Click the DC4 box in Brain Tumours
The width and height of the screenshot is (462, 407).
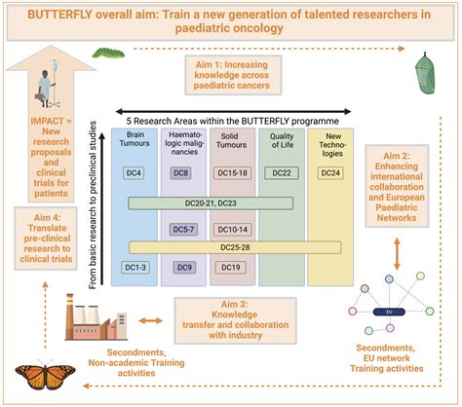(134, 173)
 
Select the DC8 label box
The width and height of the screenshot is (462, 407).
(180, 173)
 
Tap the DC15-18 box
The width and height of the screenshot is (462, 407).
(232, 173)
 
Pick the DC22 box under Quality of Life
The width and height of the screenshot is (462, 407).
(282, 173)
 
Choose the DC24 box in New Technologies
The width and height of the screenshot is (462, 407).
(330, 173)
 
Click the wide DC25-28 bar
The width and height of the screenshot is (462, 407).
(235, 247)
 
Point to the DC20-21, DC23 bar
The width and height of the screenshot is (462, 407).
(211, 203)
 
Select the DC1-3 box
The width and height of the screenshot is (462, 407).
(135, 268)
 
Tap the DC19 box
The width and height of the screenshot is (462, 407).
(231, 268)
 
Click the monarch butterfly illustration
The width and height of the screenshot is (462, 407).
(45, 374)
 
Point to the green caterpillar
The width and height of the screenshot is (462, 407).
(108, 53)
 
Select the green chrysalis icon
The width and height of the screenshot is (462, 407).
(424, 73)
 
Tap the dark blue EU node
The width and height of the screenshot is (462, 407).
(389, 312)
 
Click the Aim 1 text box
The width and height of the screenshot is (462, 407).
(233, 75)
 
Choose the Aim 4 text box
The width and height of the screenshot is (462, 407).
(46, 239)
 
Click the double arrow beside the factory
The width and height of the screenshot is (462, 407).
(150, 321)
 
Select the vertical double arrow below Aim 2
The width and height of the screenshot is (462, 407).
(397, 254)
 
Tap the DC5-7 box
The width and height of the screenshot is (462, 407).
(183, 230)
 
